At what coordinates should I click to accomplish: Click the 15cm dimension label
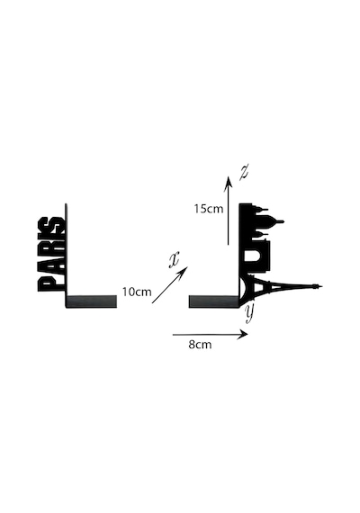point(209,209)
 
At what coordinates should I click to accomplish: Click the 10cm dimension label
point(137,292)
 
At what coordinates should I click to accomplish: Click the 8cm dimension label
point(200,345)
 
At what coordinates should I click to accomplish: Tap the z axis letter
point(244,173)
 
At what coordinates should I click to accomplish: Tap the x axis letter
point(174,260)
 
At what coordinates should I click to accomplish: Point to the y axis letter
point(249,313)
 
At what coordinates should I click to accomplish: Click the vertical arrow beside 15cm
point(229,211)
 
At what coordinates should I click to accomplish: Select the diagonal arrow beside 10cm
point(170,285)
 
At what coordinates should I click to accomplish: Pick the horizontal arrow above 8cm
point(210,335)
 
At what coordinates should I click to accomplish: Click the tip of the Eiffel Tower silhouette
point(322,286)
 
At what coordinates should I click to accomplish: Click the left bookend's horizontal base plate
point(92,301)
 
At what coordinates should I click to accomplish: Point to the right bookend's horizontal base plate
point(214,301)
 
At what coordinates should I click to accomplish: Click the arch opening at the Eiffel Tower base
point(245,288)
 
